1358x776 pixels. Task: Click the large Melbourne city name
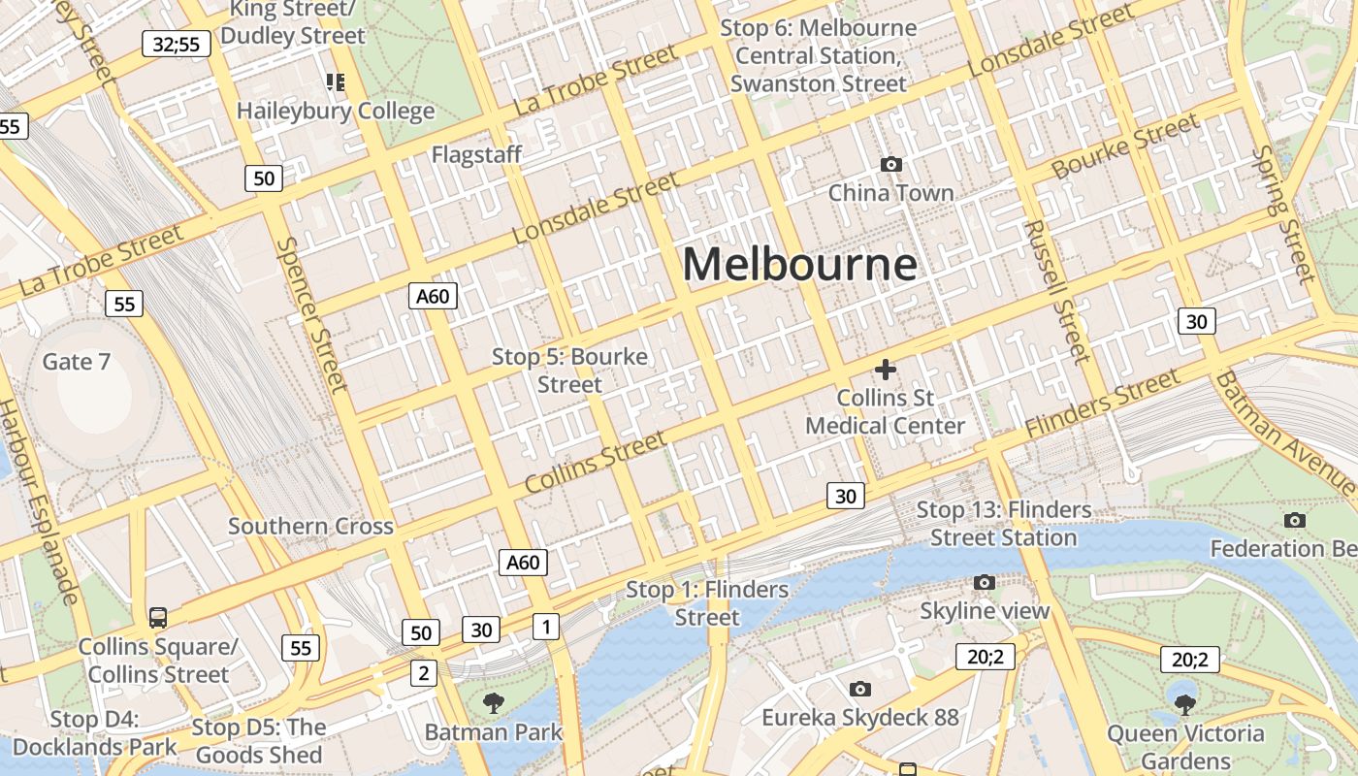click(799, 264)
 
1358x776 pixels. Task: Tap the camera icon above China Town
click(890, 165)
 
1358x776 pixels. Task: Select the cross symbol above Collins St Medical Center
click(885, 370)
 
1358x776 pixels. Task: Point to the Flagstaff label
click(476, 154)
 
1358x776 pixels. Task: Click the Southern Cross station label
click(310, 527)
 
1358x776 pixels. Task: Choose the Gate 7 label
click(77, 362)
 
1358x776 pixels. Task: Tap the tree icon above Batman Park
click(493, 703)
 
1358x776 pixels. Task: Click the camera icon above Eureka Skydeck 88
click(859, 689)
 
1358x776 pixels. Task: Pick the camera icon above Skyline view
click(985, 582)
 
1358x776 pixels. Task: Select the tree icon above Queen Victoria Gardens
click(1185, 704)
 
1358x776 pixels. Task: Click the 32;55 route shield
click(177, 44)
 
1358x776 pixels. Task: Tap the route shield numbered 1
click(546, 627)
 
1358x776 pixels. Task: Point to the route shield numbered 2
click(423, 672)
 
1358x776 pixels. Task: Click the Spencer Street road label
click(311, 314)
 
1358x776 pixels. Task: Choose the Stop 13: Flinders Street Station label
click(1004, 524)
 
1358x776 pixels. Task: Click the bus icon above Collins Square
click(157, 617)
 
